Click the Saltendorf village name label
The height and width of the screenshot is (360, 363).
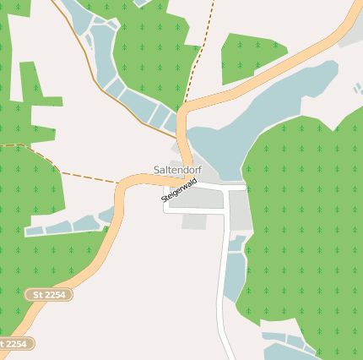[178, 170]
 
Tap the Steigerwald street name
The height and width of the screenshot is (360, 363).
[178, 194]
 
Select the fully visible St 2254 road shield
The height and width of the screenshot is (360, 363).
[49, 294]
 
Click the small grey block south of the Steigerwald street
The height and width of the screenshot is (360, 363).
[193, 221]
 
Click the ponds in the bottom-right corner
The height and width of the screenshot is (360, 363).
[291, 345]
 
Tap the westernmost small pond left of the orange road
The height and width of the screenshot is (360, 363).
[34, 231]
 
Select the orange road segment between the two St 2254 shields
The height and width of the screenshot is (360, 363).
[34, 317]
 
